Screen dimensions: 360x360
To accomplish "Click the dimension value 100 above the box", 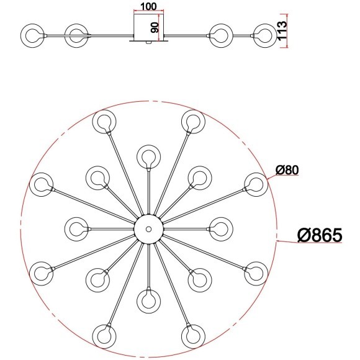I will coord(148,7).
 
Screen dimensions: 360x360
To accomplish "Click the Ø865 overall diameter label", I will coord(320,235).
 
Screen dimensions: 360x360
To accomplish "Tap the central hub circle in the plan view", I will coord(148,228).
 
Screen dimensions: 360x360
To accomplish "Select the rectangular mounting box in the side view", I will coord(149,28).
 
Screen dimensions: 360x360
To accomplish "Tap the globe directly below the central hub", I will coord(148,300).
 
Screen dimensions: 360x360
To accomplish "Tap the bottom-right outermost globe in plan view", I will coord(192,334).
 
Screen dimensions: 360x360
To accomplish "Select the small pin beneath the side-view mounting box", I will coord(147,43).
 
